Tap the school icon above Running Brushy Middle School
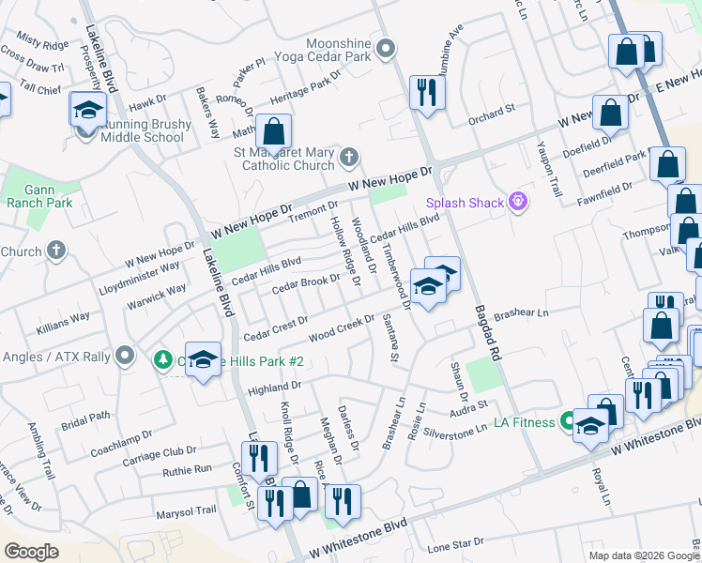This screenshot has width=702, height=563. click(87, 111)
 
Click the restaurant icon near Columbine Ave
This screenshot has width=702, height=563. click(427, 92)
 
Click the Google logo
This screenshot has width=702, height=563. click(31, 551)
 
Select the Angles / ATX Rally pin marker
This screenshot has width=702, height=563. click(124, 356)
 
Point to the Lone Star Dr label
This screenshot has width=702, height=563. click(455, 542)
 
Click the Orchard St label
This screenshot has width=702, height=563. click(492, 109)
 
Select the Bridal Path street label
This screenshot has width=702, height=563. click(86, 415)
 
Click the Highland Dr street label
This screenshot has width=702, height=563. click(273, 386)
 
